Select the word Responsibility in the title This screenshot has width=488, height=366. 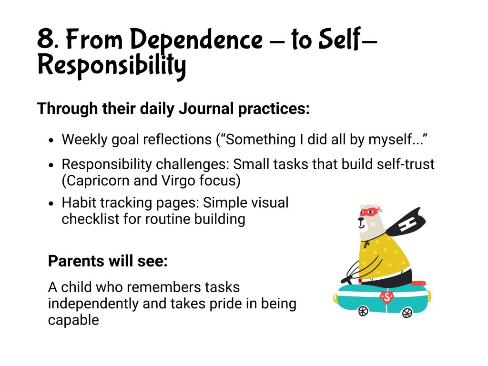pos(112,66)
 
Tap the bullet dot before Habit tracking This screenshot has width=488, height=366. pos(51,203)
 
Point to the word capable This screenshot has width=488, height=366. pos(73,320)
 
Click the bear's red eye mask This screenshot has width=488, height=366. pos(370,211)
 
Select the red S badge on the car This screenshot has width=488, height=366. pos(386,297)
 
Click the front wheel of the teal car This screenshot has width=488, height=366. pos(363,311)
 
